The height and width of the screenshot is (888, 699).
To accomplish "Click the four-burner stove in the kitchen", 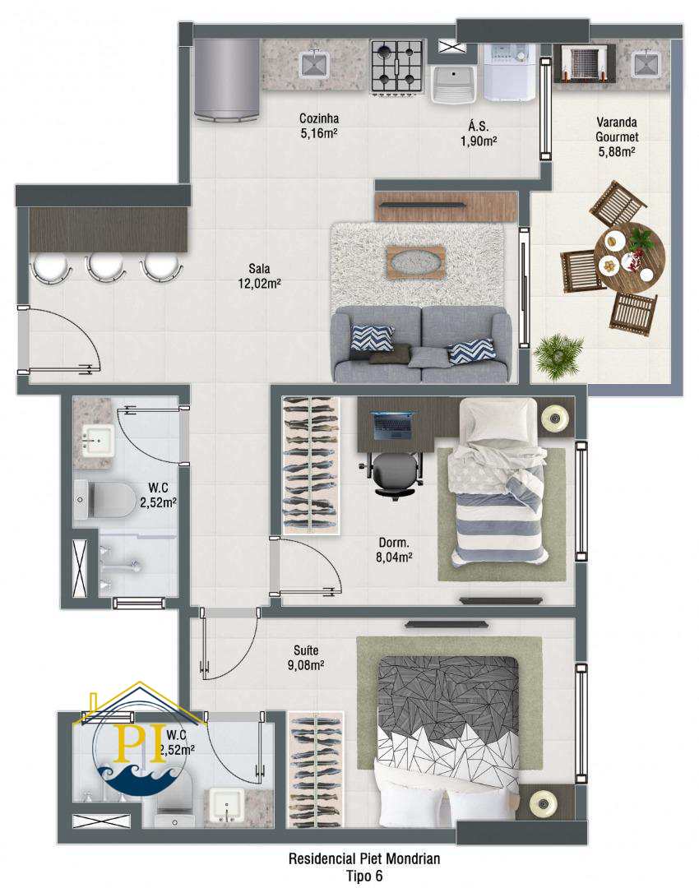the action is [397, 67].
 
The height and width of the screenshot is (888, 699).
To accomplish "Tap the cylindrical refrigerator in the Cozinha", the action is [227, 80].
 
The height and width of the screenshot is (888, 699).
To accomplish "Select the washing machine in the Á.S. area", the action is [509, 72].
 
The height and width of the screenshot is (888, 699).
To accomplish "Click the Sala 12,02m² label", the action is [259, 275].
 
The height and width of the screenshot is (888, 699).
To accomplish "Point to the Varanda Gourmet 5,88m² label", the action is [616, 136].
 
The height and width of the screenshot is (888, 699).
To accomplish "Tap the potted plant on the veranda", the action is [558, 355].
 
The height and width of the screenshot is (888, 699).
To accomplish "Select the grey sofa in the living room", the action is [421, 345].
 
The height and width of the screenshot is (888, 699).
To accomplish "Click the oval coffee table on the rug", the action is [415, 261].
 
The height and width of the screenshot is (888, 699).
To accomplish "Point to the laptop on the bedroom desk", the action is [392, 427].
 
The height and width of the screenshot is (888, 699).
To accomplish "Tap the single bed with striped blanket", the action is [498, 483].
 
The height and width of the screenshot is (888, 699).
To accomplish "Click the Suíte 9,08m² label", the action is [305, 658].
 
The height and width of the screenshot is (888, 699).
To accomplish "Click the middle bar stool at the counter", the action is [105, 268].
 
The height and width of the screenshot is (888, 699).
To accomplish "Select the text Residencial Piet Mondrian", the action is [364, 858].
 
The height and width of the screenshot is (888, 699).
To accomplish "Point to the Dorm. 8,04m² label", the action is [394, 549].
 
